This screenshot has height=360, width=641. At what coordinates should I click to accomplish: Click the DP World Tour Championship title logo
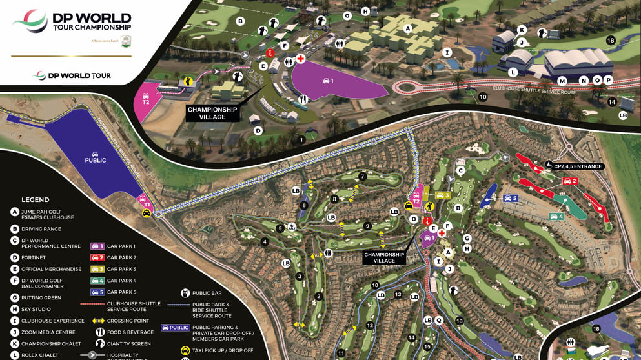coord(72,22)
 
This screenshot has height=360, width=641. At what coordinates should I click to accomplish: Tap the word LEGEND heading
coord(36,200)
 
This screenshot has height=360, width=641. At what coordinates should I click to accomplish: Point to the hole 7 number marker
coord(363,176)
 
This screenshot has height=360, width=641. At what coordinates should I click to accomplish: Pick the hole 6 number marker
coord(303,206)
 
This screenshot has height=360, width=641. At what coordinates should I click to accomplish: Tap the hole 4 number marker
coord(265,242)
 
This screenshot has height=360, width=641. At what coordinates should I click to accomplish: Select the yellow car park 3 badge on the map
coord(442,195)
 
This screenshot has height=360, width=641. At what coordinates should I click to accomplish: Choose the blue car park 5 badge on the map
coord(511,198)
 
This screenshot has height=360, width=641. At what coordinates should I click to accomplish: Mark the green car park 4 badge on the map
coord(557,216)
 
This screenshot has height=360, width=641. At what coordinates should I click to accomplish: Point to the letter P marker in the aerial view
coord(608,80)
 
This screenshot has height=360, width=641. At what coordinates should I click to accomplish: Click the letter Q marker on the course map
coord(439,320)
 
